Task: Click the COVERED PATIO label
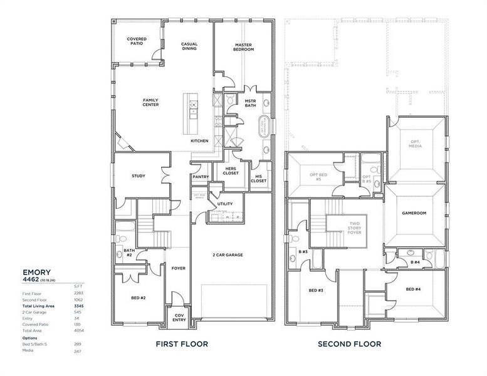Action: point(137,41)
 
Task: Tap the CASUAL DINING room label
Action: point(189,46)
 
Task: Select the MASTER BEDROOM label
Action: point(244,47)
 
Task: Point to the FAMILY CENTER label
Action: point(150,102)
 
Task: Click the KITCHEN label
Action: point(199,141)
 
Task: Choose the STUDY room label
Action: point(139,176)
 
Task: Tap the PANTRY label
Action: point(201,177)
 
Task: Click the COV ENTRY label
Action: point(179,318)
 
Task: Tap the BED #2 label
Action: point(139,298)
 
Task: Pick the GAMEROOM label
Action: point(414,214)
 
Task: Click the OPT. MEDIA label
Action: point(415,144)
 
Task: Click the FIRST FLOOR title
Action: point(182,344)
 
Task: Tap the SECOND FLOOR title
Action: point(349,344)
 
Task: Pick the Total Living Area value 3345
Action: point(78,306)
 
